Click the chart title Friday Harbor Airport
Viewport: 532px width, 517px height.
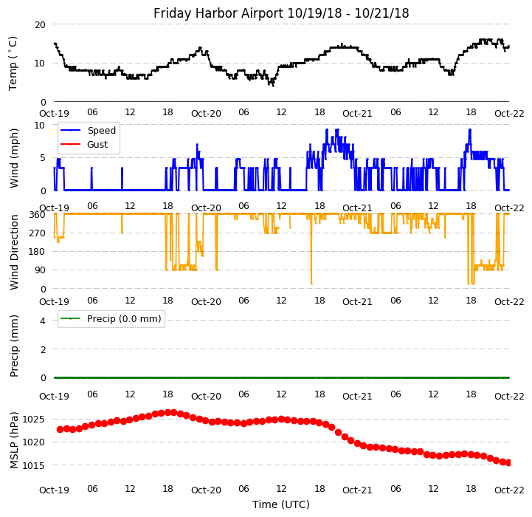click(281, 13)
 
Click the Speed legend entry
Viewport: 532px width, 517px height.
click(101, 131)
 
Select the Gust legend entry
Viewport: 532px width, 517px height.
click(99, 145)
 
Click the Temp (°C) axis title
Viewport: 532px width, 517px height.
click(13, 63)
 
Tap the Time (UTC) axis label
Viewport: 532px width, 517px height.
click(281, 504)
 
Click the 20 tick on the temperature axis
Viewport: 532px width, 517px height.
click(40, 24)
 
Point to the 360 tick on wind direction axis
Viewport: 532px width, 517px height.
click(37, 214)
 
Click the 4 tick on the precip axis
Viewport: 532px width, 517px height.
click(43, 321)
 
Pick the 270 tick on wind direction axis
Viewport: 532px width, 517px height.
click(37, 233)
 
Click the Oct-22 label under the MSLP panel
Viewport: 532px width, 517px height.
click(509, 490)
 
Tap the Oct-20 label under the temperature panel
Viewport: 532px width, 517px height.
click(206, 114)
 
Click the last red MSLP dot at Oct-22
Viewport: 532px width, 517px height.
click(508, 462)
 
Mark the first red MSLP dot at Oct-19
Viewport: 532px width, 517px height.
click(61, 429)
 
